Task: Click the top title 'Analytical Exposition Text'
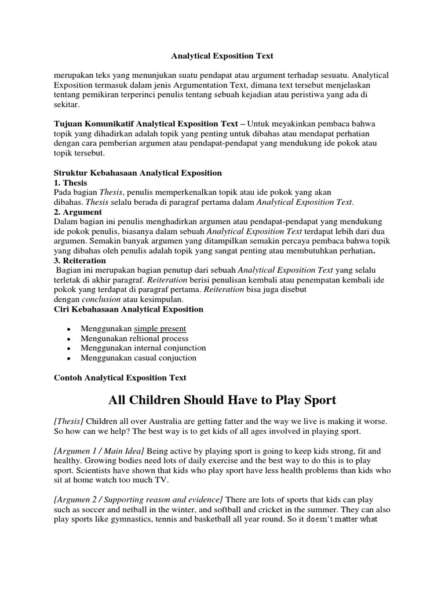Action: coord(222,56)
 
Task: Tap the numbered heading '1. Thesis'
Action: coord(70,182)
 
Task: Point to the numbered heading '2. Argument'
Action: coord(78,212)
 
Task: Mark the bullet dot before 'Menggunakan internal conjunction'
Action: coord(69,349)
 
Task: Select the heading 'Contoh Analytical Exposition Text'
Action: coord(120,378)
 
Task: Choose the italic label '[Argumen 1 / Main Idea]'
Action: coord(99,450)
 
